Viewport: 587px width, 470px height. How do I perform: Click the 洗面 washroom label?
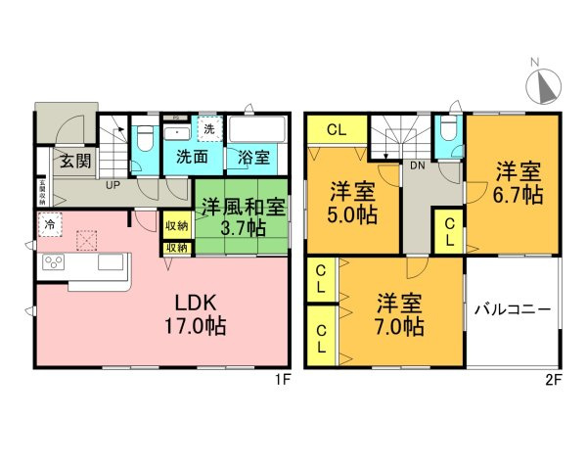coord(192,157)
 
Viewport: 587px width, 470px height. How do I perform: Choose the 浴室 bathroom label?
coord(251,157)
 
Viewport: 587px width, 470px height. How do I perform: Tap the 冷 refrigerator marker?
coord(48,224)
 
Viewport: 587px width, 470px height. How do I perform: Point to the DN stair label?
coord(416,165)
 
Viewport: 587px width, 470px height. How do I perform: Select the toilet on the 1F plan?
coord(145,137)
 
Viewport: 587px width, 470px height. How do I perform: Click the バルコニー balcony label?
coord(513,308)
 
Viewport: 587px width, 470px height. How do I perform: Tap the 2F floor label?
coord(553,381)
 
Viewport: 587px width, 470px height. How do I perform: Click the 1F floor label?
coord(283,381)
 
